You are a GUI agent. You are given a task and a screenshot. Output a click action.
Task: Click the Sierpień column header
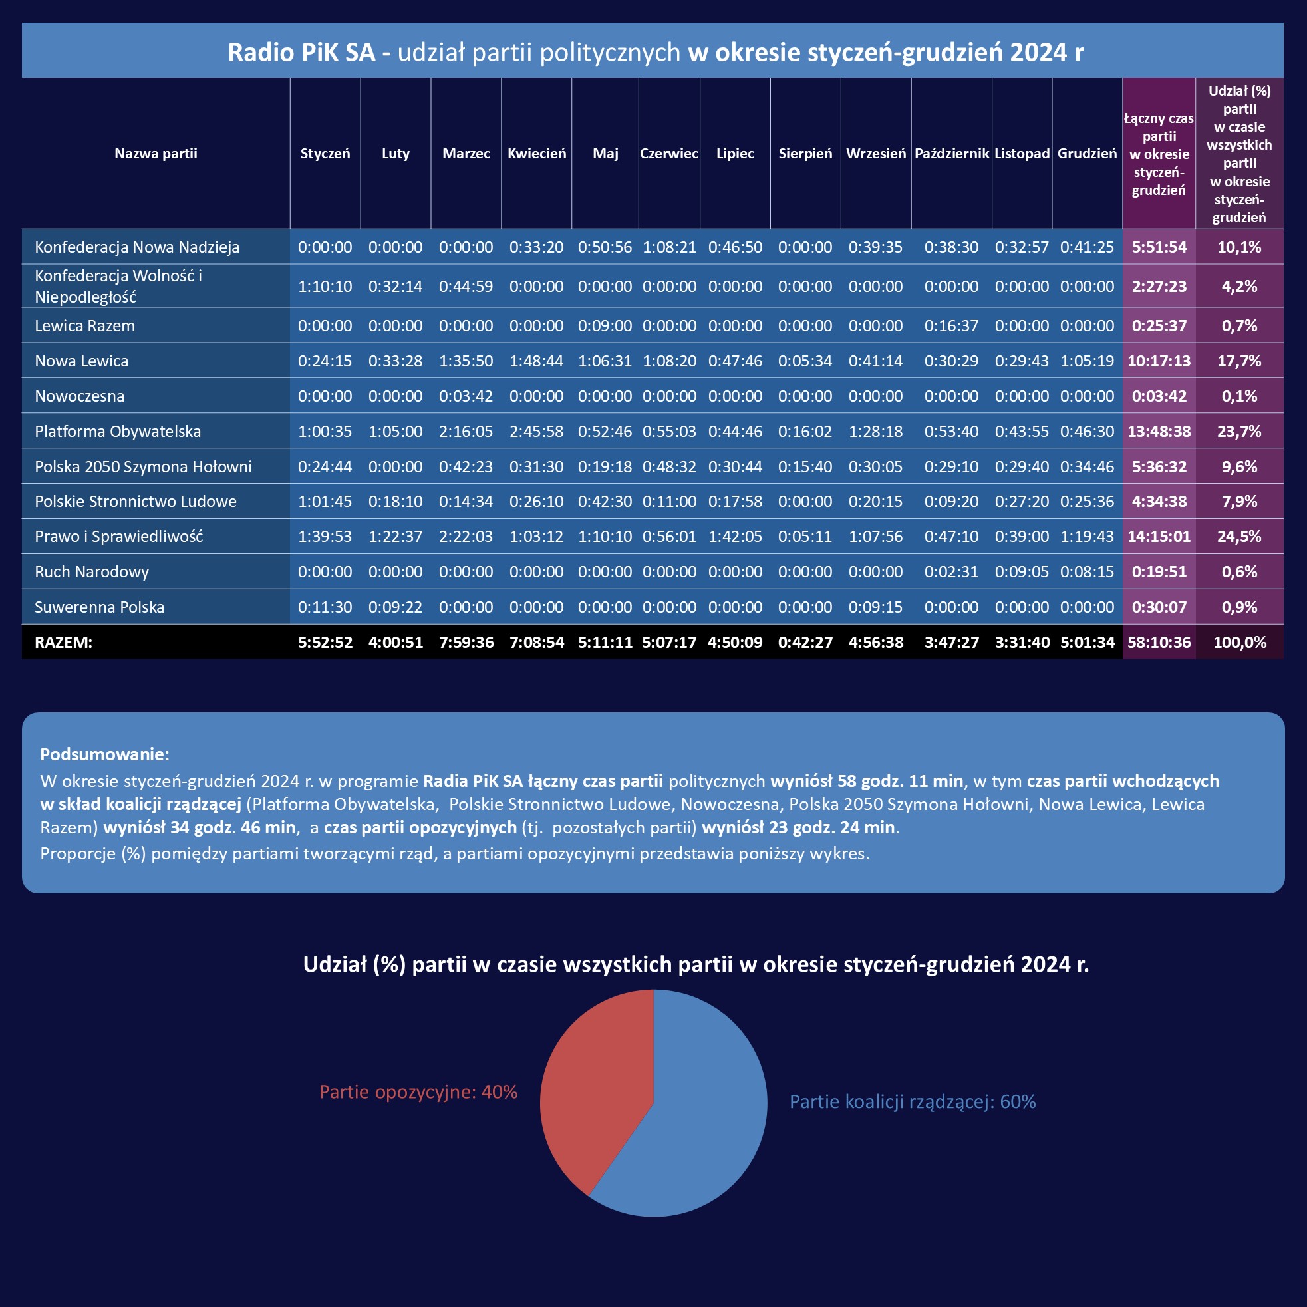pyautogui.click(x=805, y=154)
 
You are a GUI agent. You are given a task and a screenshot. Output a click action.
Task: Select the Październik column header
pyautogui.click(x=951, y=154)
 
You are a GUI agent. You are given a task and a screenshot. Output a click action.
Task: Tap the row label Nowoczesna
pyautogui.click(x=80, y=396)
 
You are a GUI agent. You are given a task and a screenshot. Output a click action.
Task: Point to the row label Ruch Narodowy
pyautogui.click(x=92, y=571)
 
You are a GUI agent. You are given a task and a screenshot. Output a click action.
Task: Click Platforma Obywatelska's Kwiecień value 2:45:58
pyautogui.click(x=536, y=431)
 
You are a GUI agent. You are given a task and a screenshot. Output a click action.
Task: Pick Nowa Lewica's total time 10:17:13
pyautogui.click(x=1159, y=361)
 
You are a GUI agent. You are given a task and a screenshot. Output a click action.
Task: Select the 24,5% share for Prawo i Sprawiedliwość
pyautogui.click(x=1238, y=537)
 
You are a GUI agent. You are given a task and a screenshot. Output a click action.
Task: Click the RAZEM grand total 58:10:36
pyautogui.click(x=1159, y=642)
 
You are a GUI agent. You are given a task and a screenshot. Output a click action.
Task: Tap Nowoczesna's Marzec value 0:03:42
pyautogui.click(x=466, y=396)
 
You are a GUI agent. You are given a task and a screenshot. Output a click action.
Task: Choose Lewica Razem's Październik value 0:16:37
pyautogui.click(x=951, y=325)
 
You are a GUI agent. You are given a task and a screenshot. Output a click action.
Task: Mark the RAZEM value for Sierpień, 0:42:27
pyautogui.click(x=805, y=642)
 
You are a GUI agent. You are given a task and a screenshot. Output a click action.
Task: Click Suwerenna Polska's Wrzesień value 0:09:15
pyautogui.click(x=875, y=607)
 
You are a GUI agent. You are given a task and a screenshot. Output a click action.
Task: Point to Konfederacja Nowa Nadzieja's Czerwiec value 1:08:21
pyautogui.click(x=669, y=247)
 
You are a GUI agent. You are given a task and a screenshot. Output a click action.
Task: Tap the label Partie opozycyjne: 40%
pyautogui.click(x=418, y=1092)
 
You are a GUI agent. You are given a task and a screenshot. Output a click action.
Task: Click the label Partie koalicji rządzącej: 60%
pyautogui.click(x=913, y=1102)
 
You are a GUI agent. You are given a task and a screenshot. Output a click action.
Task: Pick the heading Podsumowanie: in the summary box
pyautogui.click(x=105, y=754)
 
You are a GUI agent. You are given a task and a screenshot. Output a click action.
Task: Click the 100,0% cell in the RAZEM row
pyautogui.click(x=1239, y=642)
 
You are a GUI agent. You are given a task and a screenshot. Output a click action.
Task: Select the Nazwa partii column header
pyautogui.click(x=156, y=154)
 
